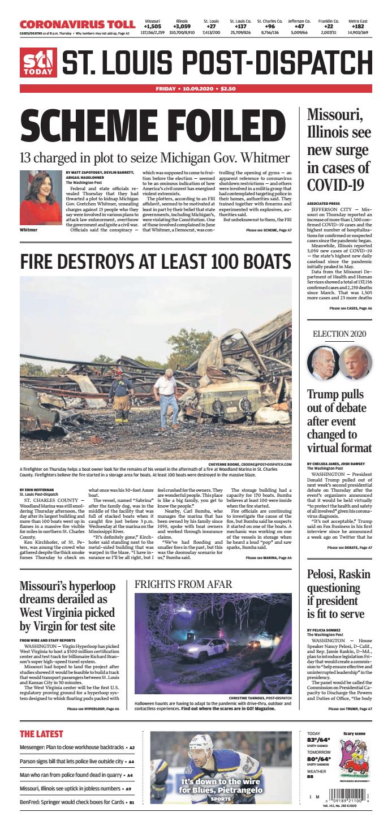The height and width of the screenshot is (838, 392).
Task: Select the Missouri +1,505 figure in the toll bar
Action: point(153,26)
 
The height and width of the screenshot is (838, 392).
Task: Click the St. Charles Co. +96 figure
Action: point(270,26)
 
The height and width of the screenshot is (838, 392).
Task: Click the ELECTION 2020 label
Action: point(339,333)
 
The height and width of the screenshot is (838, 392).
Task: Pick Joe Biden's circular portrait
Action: point(322,363)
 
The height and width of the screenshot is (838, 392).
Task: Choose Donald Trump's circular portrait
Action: point(355,363)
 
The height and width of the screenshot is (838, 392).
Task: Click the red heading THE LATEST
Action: point(41,734)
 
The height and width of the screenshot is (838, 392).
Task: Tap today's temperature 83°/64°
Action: point(319,740)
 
